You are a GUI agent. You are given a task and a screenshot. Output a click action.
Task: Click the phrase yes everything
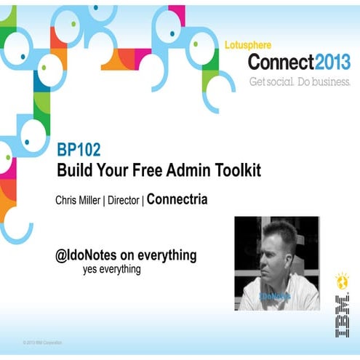111,269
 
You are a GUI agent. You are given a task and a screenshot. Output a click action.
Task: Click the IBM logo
340,315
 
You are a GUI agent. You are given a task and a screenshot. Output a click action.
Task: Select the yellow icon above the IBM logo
340,280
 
